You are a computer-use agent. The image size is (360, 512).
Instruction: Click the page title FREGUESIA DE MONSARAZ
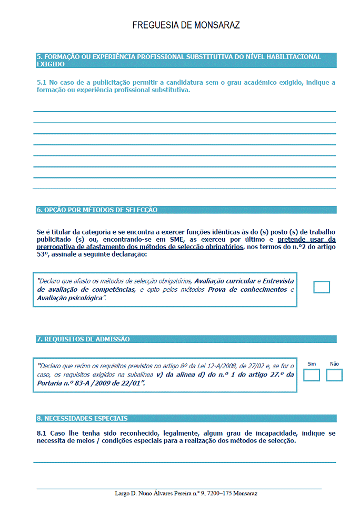[x=186, y=25]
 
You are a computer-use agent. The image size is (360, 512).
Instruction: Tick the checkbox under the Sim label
[x=312, y=375]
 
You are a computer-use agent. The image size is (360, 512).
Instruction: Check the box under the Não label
[x=334, y=375]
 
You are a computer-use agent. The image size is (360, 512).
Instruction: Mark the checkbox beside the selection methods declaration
[x=322, y=287]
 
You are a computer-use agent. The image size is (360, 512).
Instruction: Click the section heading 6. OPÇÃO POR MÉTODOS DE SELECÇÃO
[x=97, y=210]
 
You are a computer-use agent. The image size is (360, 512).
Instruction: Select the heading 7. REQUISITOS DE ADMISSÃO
[x=83, y=339]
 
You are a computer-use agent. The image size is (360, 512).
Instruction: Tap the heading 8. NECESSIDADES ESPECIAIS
[x=82, y=419]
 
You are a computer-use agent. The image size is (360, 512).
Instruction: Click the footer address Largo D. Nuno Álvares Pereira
[x=186, y=494]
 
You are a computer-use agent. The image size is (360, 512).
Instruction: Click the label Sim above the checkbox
[x=312, y=364]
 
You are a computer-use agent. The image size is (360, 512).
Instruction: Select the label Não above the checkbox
[x=334, y=364]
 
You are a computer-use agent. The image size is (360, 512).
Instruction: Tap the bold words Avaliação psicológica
[x=70, y=299]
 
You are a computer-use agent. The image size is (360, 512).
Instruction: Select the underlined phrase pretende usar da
[x=306, y=239]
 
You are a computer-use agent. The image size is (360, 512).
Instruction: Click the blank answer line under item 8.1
[x=184, y=461]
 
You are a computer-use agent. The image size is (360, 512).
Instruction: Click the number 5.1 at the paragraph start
[x=42, y=83]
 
